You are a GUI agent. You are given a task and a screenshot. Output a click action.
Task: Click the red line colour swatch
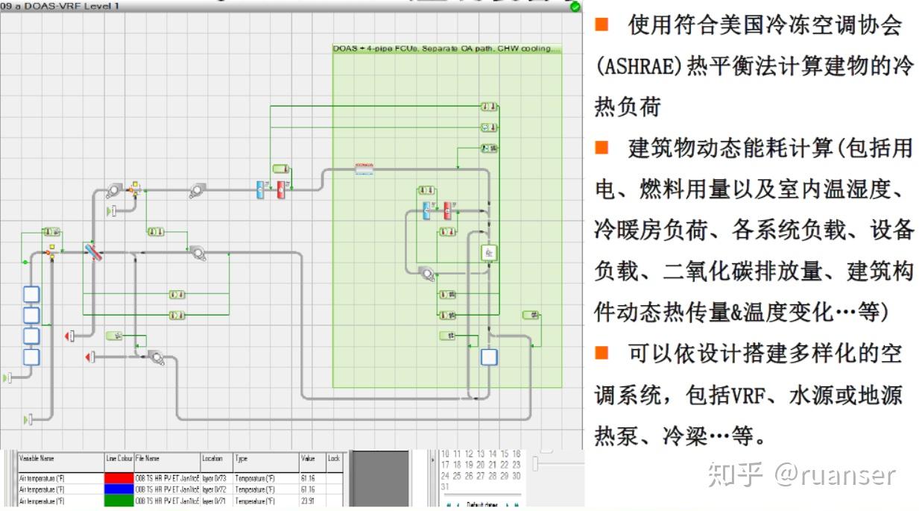pyautogui.click(x=119, y=477)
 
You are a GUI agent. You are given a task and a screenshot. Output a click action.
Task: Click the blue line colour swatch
pyautogui.click(x=119, y=489)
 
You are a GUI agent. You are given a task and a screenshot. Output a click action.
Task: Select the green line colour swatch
pyautogui.click(x=119, y=501)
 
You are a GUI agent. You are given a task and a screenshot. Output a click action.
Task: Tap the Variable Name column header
pyautogui.click(x=37, y=458)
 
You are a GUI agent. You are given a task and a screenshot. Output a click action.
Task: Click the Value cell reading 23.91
pyautogui.click(x=307, y=501)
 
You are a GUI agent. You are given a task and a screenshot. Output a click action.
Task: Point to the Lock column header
pyautogui.click(x=334, y=458)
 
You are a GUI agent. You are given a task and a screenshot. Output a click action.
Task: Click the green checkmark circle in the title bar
pyautogui.click(x=575, y=7)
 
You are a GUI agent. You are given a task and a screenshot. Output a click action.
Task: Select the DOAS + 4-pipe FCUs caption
pyautogui.click(x=445, y=48)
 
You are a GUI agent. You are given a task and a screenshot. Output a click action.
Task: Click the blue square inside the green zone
pyautogui.click(x=488, y=357)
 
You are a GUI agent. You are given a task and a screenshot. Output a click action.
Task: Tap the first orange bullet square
pyautogui.click(x=601, y=25)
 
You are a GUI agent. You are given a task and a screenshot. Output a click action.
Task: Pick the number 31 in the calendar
pyautogui.click(x=445, y=486)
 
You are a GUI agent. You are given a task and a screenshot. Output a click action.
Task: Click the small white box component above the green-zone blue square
pyautogui.click(x=489, y=254)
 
